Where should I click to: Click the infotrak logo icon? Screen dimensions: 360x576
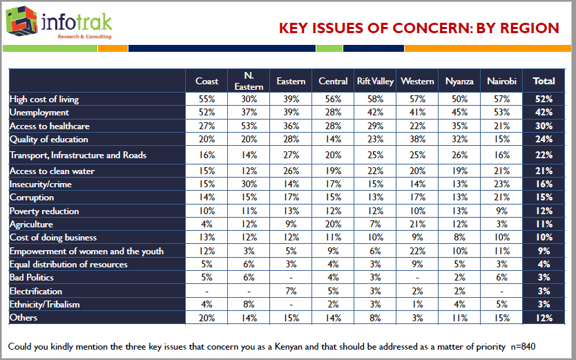21,21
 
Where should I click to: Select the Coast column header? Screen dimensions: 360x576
207,81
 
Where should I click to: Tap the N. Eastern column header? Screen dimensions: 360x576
249,81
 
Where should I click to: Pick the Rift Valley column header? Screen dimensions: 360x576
375,81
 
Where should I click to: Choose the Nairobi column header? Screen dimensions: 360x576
501,81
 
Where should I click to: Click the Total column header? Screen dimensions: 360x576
544,81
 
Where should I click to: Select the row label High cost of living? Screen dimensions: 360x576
44,100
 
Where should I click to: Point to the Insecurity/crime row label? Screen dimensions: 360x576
40,184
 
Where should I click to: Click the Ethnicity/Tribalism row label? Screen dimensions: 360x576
44,304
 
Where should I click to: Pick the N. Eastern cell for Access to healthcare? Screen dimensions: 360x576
249,126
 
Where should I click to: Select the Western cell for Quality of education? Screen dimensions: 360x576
417,140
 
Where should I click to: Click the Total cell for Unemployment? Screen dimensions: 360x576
544,113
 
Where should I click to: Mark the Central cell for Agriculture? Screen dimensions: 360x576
333,225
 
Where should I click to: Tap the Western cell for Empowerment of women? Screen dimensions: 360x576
417,251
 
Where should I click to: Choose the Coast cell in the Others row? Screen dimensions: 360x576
207,318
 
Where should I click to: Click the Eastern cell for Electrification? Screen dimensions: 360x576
291,291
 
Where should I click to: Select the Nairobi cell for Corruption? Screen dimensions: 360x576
501,198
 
